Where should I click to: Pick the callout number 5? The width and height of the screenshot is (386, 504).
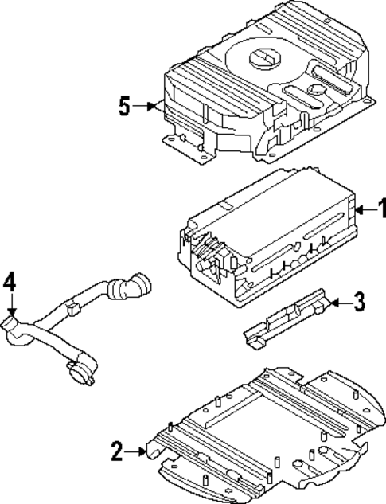point(125,106)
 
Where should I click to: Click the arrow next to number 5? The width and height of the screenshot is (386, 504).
point(148,106)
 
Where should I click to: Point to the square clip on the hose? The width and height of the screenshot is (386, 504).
point(76,307)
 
